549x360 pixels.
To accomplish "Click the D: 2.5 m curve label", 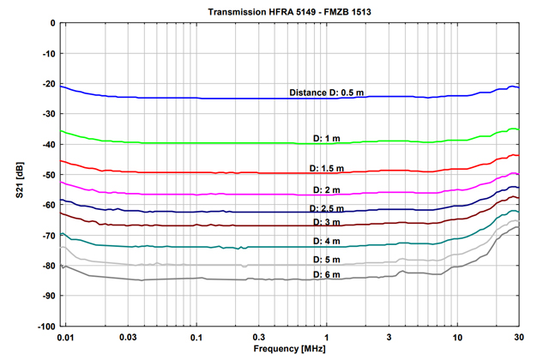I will pyautogui.click(x=330, y=208).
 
